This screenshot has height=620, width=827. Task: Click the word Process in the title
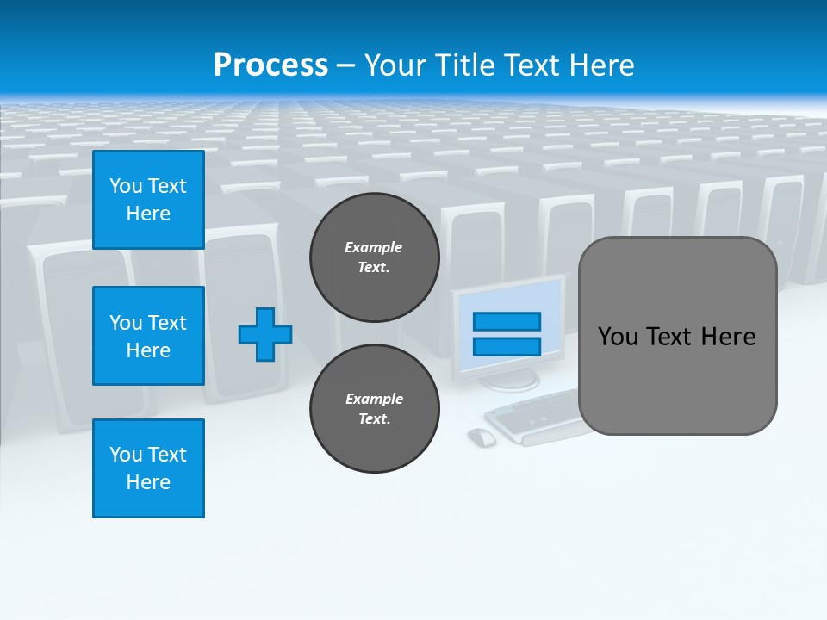tap(270, 65)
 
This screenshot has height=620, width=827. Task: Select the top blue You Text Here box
tap(148, 200)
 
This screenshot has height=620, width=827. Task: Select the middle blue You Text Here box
tap(148, 336)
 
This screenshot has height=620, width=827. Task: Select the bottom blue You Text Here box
tap(148, 468)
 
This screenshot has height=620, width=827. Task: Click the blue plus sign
tap(265, 335)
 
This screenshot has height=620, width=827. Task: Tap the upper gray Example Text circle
tap(375, 257)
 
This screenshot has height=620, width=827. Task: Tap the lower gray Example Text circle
tap(375, 409)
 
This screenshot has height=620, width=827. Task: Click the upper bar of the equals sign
tap(507, 321)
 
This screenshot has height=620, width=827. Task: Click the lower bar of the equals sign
tap(507, 347)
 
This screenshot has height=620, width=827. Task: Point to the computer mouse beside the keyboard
tap(482, 437)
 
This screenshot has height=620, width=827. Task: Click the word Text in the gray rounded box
tap(675, 337)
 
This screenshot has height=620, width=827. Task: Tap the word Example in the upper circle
tap(373, 247)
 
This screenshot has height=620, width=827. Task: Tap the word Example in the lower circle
tap(373, 399)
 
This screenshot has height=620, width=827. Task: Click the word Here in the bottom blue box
tap(148, 482)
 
